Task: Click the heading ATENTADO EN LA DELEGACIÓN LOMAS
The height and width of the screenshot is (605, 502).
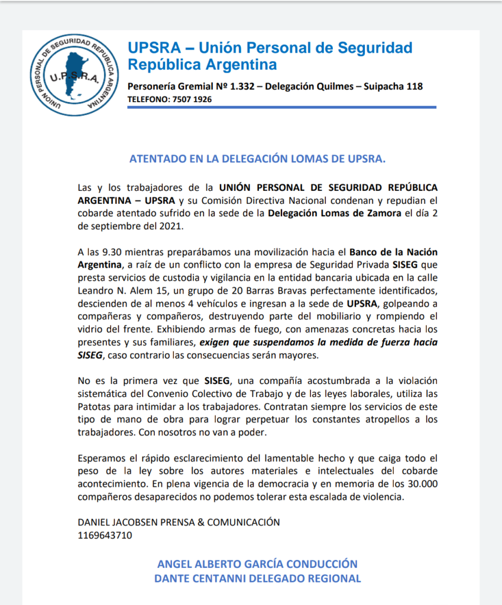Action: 257,158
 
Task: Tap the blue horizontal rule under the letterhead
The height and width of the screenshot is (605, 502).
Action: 281,108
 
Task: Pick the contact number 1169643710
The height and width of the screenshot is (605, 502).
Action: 105,535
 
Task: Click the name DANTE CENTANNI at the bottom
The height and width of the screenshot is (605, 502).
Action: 196,578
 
